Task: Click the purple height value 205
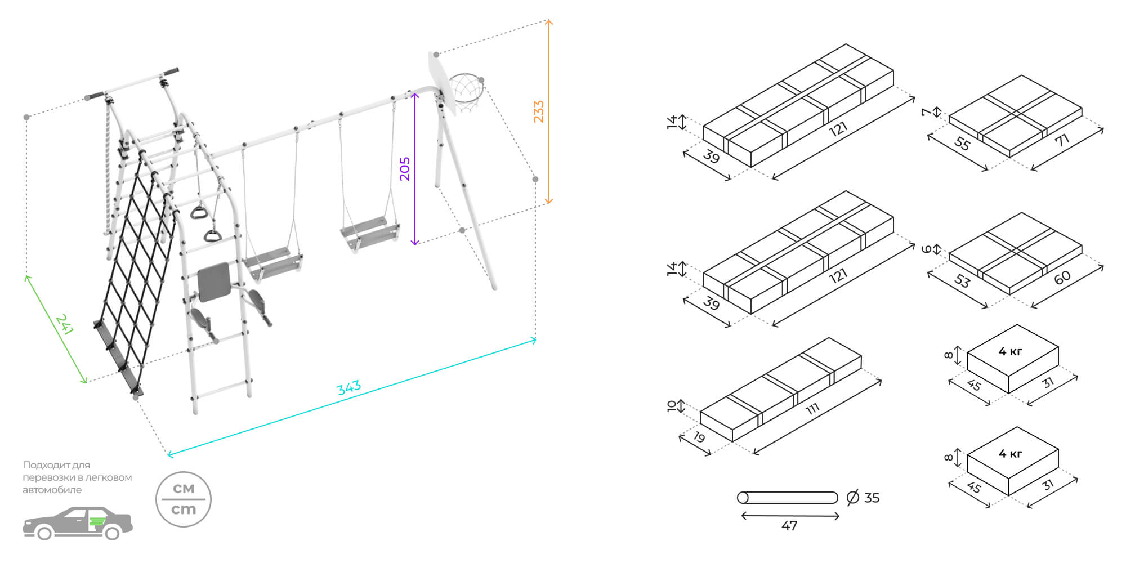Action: tap(405, 169)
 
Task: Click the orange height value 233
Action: tap(539, 111)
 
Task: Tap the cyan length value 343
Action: tap(349, 387)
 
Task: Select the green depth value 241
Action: tap(64, 325)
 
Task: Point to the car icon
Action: tap(77, 524)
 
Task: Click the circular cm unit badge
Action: tap(184, 499)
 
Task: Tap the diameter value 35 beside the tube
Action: tap(872, 498)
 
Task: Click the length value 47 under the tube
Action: tap(789, 526)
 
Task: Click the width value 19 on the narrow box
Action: tap(699, 436)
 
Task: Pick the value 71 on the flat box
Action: tap(1062, 140)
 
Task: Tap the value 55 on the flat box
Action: tap(963, 144)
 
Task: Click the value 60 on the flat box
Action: tap(1062, 278)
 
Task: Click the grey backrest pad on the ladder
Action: tap(214, 281)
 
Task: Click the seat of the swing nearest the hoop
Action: tap(370, 234)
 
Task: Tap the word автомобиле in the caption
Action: tap(52, 490)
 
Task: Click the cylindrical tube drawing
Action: tap(788, 498)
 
